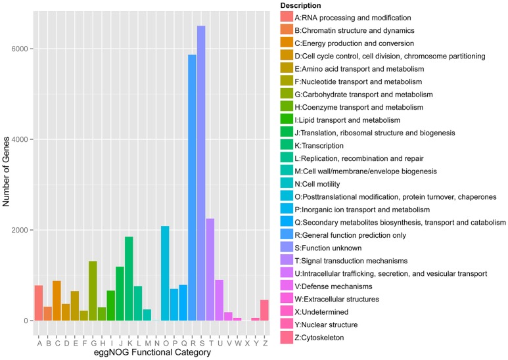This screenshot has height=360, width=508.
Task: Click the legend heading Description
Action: (x=302, y=6)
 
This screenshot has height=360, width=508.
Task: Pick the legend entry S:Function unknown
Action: (x=333, y=248)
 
